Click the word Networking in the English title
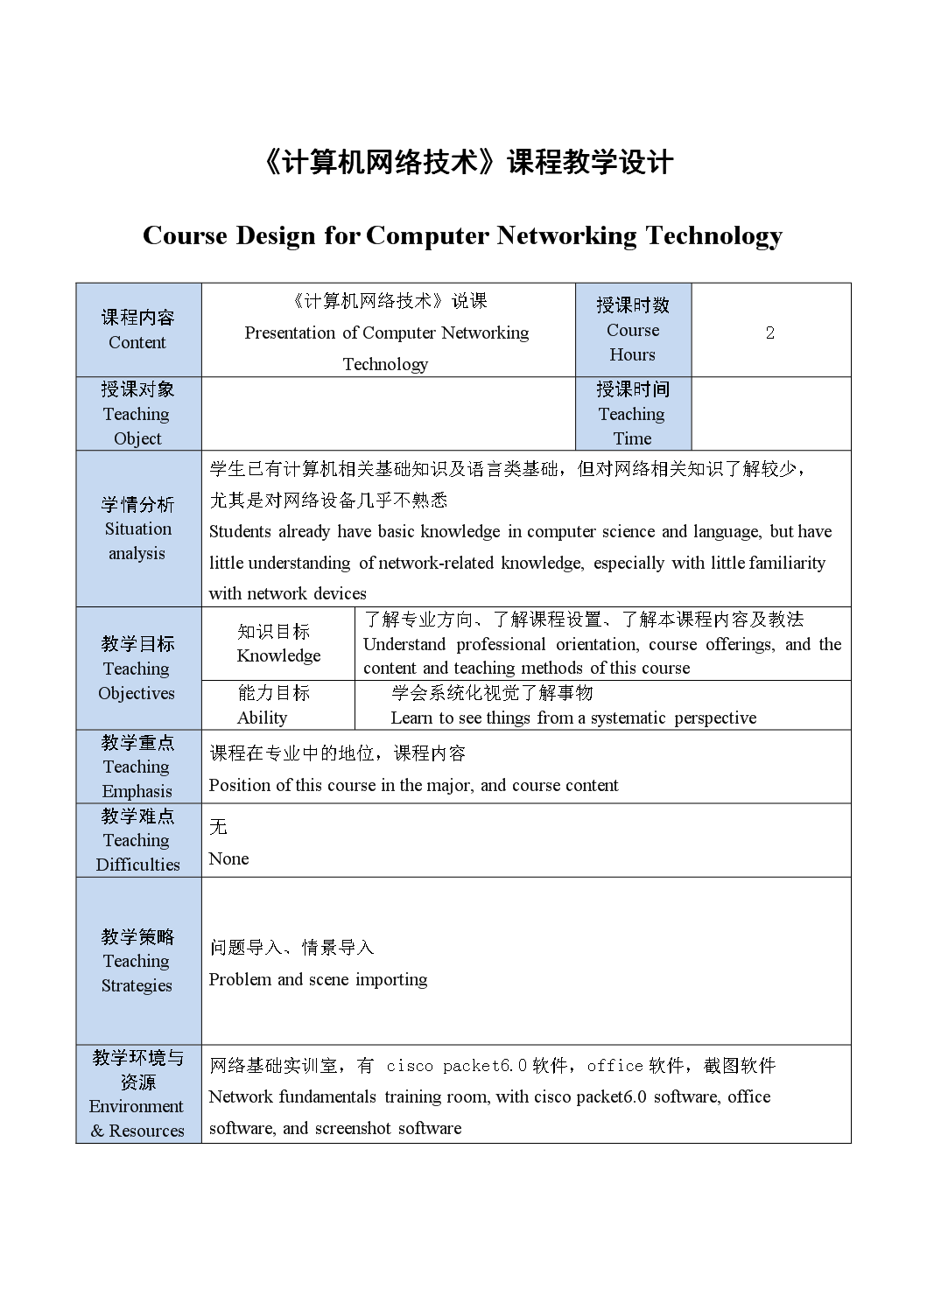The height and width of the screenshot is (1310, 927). click(x=566, y=235)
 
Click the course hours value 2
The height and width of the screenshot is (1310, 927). click(x=770, y=333)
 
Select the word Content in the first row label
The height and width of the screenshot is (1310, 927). click(x=137, y=342)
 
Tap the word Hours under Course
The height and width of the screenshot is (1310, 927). click(x=632, y=354)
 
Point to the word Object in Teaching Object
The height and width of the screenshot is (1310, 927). click(x=137, y=438)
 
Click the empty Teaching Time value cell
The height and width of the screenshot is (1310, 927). click(x=770, y=414)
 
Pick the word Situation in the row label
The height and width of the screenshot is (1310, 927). click(x=138, y=529)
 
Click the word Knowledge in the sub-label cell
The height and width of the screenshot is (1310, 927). click(x=278, y=655)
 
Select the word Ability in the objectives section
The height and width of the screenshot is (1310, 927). click(x=262, y=718)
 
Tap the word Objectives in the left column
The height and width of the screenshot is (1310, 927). click(x=137, y=693)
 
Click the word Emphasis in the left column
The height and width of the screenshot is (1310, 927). click(x=137, y=791)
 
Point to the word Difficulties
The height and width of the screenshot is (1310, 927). click(x=138, y=865)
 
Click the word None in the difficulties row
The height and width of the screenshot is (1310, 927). click(x=228, y=858)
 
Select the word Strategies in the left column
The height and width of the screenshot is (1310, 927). click(x=137, y=985)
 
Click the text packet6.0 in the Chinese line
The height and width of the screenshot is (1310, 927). click(x=484, y=1065)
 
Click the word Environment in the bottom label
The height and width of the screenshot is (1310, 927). click(x=137, y=1106)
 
